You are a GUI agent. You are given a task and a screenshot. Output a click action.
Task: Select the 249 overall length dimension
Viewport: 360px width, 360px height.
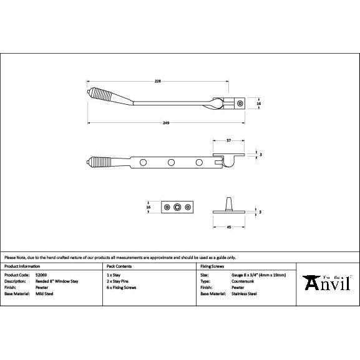166,123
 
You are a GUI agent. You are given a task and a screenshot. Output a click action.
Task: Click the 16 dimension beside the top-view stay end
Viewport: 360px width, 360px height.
258,104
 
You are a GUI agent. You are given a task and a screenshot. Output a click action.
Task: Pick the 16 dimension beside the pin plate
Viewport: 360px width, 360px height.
148,207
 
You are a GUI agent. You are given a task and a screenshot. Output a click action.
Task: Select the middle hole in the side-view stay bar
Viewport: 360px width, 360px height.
170,163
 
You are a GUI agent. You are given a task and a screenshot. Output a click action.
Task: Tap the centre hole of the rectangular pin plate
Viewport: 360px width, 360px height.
178,207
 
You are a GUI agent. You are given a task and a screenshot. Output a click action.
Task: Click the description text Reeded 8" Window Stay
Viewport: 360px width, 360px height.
57,281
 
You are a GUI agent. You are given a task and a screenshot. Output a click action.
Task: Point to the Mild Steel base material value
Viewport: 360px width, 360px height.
45,293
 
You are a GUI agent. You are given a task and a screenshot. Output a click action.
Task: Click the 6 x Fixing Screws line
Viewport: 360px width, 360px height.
121,287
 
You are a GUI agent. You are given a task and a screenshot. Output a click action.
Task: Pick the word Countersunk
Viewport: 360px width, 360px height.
243,281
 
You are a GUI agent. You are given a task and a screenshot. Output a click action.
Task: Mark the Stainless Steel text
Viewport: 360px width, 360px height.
244,293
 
